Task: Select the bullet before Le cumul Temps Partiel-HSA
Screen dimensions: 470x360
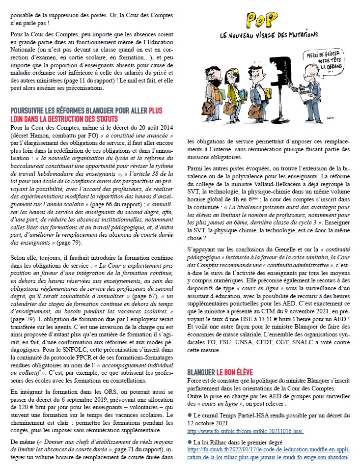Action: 189,415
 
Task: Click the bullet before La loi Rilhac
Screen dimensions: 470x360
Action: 189,441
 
